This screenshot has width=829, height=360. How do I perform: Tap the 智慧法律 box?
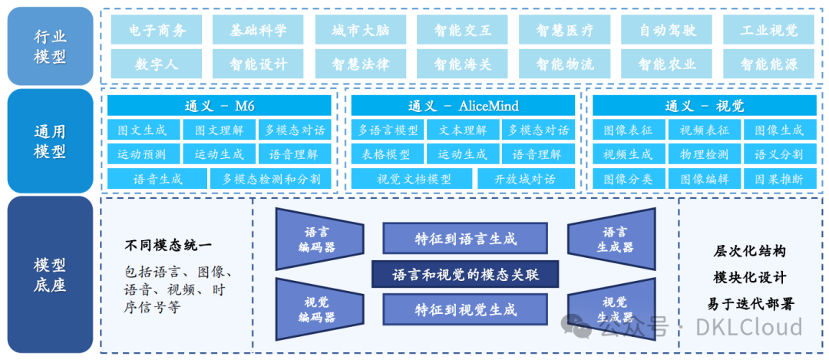(x=360, y=64)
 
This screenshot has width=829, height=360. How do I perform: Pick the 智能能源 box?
(x=769, y=64)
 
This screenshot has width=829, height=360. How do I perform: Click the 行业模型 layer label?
(x=50, y=46)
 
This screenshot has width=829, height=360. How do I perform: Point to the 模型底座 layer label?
(x=50, y=275)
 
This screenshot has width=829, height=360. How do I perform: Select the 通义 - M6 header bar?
(x=219, y=106)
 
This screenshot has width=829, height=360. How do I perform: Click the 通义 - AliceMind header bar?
(x=463, y=106)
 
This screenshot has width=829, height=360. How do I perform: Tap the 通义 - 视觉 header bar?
(x=705, y=106)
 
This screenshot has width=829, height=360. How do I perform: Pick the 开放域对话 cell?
(x=527, y=179)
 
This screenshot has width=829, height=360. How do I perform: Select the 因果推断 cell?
(x=778, y=179)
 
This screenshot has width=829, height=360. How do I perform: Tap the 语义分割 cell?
(x=778, y=154)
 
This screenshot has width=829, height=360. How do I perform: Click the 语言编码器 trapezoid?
(x=318, y=239)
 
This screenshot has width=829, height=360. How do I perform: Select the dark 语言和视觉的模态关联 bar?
(x=465, y=274)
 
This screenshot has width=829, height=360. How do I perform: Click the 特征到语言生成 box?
(x=465, y=239)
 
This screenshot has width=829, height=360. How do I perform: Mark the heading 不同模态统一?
(x=168, y=246)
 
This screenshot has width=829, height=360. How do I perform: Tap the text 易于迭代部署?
(x=750, y=303)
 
